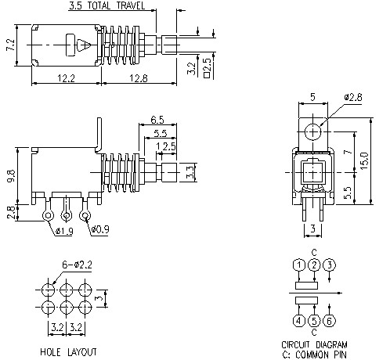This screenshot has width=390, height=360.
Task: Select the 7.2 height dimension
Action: click(x=10, y=45)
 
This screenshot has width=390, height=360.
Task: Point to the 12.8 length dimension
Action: click(x=140, y=77)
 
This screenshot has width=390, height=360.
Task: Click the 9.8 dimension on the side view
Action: click(x=10, y=175)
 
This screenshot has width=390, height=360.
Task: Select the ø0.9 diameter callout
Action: click(x=99, y=231)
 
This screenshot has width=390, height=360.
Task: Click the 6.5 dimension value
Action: click(x=157, y=119)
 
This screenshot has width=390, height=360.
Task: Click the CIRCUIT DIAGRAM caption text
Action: click(x=314, y=344)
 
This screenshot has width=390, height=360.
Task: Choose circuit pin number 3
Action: click(x=329, y=265)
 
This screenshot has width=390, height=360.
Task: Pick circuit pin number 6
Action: click(x=329, y=320)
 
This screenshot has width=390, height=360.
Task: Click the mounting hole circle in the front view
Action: click(x=314, y=130)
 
